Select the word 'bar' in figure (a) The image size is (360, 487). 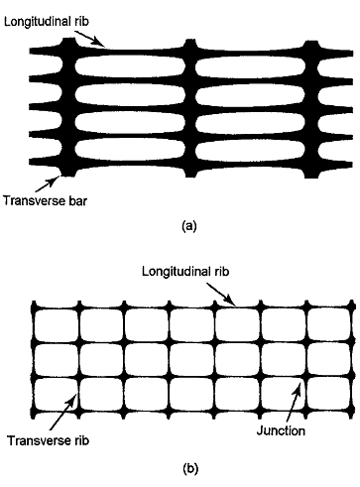[x=76, y=200]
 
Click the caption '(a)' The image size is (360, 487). [x=189, y=226]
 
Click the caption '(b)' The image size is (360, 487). [x=190, y=468]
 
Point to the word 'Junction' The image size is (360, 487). [x=281, y=430]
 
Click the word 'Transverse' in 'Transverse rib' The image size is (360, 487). [x=37, y=440]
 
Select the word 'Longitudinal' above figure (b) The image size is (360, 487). [x=174, y=272]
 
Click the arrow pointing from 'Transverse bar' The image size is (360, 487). [x=48, y=183]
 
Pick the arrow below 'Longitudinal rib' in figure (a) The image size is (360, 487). [x=90, y=39]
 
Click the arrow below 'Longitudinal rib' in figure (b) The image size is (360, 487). [x=221, y=295]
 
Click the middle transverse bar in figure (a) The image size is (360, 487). [x=189, y=108]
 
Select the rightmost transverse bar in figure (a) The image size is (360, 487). [x=310, y=109]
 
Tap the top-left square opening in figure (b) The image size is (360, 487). [x=57, y=325]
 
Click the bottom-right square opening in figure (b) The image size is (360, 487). [x=328, y=395]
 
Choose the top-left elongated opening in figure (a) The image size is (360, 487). [x=130, y=65]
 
